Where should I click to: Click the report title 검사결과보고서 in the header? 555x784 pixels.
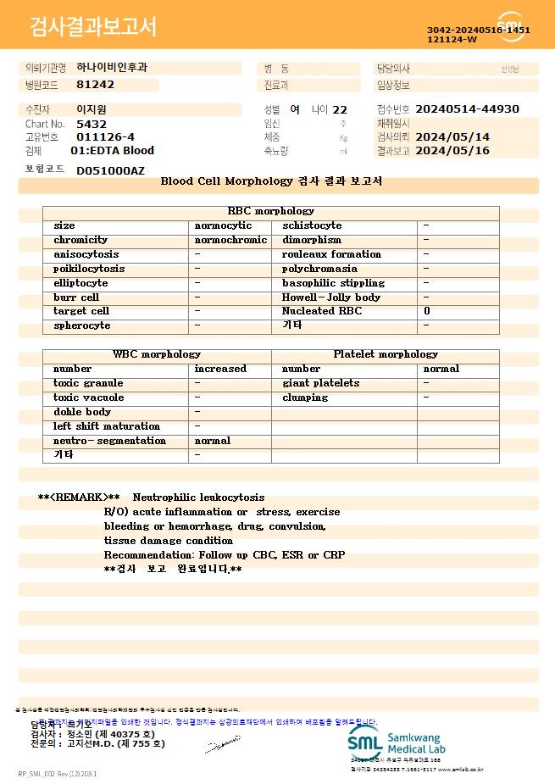pyautogui.click(x=93, y=27)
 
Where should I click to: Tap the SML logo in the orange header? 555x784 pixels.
pyautogui.click(x=511, y=26)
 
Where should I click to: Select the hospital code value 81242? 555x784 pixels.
pyautogui.click(x=95, y=85)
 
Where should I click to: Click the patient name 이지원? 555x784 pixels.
pyautogui.click(x=92, y=109)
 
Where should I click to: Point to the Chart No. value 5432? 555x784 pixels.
pyautogui.click(x=92, y=124)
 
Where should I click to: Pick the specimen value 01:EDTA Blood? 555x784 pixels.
pyautogui.click(x=112, y=151)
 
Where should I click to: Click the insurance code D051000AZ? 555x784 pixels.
pyautogui.click(x=110, y=170)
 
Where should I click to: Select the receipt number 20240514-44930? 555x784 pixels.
pyautogui.click(x=467, y=109)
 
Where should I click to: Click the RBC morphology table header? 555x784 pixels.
pyautogui.click(x=271, y=211)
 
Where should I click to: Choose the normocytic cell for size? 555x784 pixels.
pyautogui.click(x=223, y=226)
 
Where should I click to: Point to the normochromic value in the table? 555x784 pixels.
pyautogui.click(x=230, y=241)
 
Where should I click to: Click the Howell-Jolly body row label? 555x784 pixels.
pyautogui.click(x=330, y=297)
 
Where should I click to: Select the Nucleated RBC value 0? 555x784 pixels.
pyautogui.click(x=427, y=312)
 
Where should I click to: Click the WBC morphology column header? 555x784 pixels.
pyautogui.click(x=157, y=354)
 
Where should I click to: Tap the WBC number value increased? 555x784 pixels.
pyautogui.click(x=220, y=369)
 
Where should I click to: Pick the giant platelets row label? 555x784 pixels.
pyautogui.click(x=320, y=383)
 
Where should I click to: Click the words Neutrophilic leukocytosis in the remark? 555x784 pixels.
pyautogui.click(x=198, y=498)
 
